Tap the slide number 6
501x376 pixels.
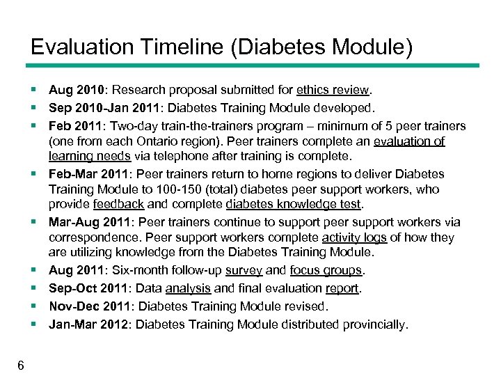point(21,366)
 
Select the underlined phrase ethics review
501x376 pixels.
point(333,90)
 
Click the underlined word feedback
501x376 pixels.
point(118,204)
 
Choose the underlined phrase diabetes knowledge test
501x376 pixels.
point(294,204)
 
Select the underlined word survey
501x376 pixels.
point(245,270)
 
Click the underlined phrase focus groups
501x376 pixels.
point(326,270)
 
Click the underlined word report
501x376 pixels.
point(342,288)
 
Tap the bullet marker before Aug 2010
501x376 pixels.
point(33,90)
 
